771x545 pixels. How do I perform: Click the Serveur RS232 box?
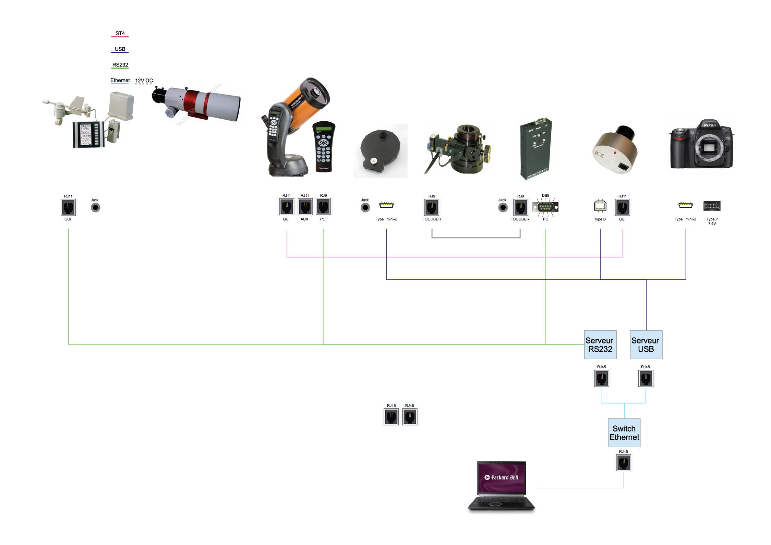click(600, 344)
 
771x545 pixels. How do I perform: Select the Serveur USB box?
click(646, 344)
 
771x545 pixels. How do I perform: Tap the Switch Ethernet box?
click(624, 433)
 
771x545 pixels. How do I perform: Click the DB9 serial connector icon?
click(545, 207)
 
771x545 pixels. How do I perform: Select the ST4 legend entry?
click(120, 34)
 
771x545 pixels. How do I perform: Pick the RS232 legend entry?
click(120, 65)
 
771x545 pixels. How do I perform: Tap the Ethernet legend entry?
click(120, 81)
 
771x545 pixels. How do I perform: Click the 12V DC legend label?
click(144, 81)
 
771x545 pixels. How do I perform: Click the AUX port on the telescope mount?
click(305, 207)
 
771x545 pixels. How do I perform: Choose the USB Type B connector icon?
click(600, 206)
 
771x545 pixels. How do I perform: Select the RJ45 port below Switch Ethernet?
click(623, 463)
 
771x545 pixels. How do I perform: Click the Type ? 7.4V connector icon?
click(712, 206)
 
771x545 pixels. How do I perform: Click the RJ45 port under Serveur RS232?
click(601, 378)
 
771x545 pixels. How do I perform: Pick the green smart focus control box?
click(535, 149)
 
